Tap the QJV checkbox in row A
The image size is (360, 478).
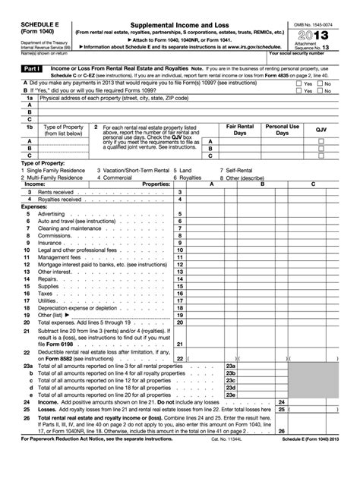[x=321, y=142]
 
